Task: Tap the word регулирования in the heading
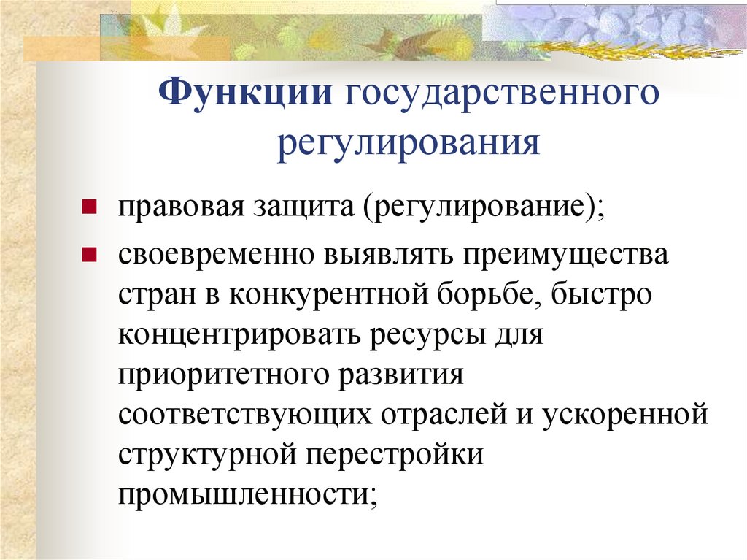tap(408, 141)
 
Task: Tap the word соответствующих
tap(247, 415)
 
